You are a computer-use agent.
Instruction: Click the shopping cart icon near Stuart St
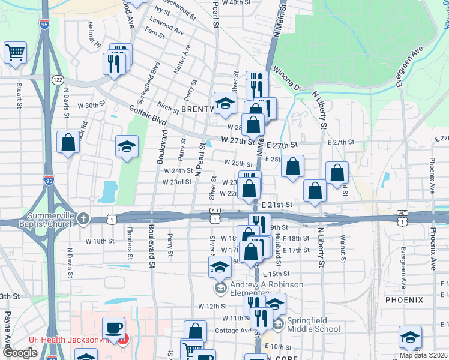16,52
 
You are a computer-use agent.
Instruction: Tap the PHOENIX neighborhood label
404,299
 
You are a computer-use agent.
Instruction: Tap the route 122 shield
58,80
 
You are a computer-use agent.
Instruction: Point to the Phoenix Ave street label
432,176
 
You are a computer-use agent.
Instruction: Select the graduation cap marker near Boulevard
127,147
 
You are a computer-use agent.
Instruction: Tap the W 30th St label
83,106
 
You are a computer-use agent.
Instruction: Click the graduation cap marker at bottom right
410,337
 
